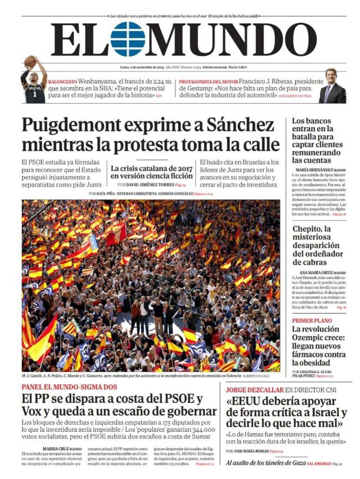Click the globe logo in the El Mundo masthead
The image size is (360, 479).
(x=128, y=39)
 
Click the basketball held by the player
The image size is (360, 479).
(x=29, y=61)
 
